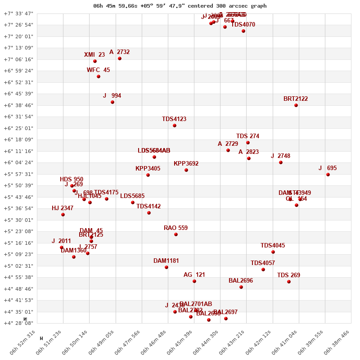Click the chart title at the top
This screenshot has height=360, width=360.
tap(180, 6)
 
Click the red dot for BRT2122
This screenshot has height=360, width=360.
tap(296, 105)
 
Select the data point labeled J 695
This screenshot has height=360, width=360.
tap(328, 175)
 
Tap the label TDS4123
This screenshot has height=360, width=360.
tap(174, 119)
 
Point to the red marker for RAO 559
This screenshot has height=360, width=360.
tap(176, 234)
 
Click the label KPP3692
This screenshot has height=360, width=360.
tap(186, 164)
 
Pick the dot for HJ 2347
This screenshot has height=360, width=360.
tap(63, 215)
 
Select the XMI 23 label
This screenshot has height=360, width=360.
tap(94, 55)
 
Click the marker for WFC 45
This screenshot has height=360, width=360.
tap(99, 76)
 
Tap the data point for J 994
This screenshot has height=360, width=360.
tap(112, 102)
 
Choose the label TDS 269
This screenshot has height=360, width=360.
tap(288, 275)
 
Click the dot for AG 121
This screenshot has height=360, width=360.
tap(194, 281)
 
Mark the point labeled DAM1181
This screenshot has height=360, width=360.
tap(166, 267)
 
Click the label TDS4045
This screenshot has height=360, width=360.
tap(273, 246)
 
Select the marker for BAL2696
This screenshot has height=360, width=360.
tap(241, 287)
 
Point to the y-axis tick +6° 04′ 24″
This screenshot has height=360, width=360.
tap(19, 162)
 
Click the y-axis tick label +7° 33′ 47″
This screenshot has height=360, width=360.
tap(19, 13)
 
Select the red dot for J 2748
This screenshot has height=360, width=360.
tap(281, 162)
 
